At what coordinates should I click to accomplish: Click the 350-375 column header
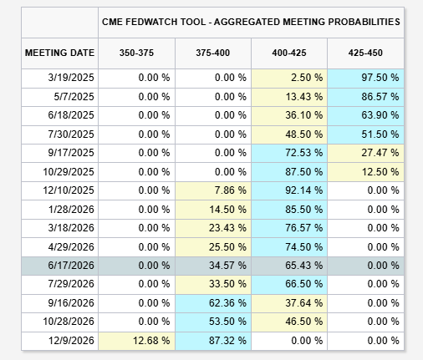pos(136,53)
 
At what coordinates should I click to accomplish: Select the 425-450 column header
pos(365,53)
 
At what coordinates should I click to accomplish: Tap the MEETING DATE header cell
pos(59,53)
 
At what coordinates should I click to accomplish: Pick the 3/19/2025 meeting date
pos(71,78)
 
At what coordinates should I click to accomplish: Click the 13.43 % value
pos(304,97)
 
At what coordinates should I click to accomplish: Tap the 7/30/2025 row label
pos(71,134)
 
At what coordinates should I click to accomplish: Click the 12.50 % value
pos(380,172)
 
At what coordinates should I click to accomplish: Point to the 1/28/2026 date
pos(71,210)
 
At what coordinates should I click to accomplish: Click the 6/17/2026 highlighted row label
pos(71,266)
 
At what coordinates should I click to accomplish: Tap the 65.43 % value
pos(304,266)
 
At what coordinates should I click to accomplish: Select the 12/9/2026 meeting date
pos(71,341)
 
